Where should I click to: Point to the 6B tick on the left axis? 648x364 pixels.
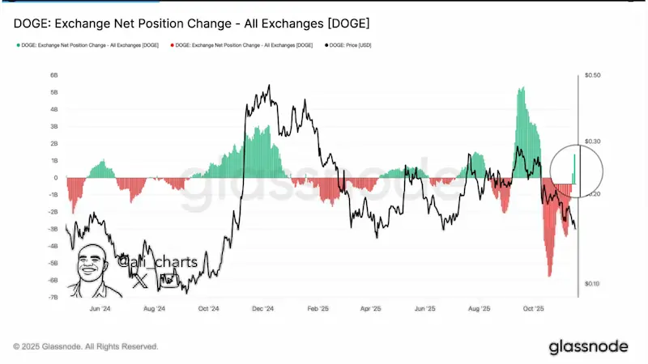click(x=53, y=75)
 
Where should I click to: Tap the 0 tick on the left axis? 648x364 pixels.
click(x=56, y=178)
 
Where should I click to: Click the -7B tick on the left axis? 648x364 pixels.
click(x=53, y=298)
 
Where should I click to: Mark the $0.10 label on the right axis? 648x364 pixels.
click(x=592, y=284)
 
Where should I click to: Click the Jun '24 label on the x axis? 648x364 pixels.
click(x=99, y=309)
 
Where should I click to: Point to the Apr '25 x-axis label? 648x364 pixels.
click(x=371, y=309)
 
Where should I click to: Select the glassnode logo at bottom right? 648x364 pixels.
click(x=588, y=346)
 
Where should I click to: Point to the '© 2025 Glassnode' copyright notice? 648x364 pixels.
click(x=86, y=346)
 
